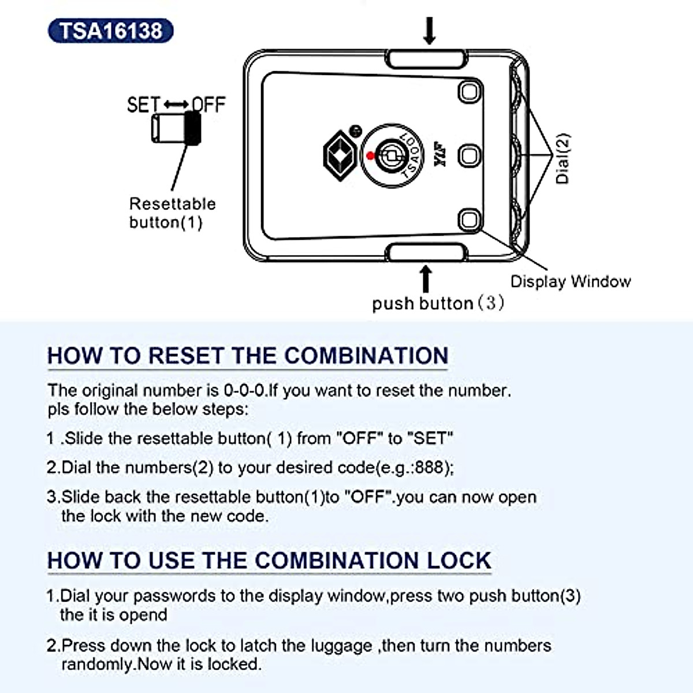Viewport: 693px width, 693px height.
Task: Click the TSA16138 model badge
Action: tap(110, 31)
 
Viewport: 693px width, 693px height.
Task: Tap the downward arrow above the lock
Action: tap(429, 31)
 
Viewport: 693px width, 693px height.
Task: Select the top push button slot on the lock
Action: tap(427, 59)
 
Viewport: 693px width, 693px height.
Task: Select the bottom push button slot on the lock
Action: tap(427, 252)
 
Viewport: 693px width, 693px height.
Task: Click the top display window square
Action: tap(470, 92)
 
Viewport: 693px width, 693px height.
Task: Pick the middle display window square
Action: tap(470, 155)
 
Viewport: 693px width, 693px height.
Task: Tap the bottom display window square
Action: tap(470, 220)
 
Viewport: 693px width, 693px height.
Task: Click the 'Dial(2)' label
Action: tap(562, 159)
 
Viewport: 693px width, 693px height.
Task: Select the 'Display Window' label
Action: tap(570, 282)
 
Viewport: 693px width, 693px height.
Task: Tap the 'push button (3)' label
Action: tap(438, 303)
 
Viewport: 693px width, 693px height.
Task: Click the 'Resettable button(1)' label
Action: tap(172, 213)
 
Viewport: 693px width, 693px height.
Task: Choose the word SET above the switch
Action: tap(143, 105)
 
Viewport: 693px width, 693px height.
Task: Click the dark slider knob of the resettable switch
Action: tap(193, 128)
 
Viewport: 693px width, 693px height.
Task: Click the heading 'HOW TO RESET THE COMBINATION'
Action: tap(247, 356)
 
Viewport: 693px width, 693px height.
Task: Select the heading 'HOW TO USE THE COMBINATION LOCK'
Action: tap(269, 561)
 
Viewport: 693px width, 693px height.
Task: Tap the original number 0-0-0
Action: tap(245, 391)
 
